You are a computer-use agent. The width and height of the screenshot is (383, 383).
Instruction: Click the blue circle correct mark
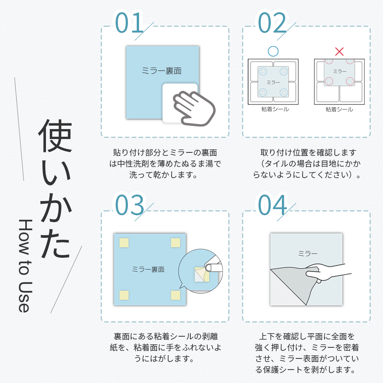coord(273,51)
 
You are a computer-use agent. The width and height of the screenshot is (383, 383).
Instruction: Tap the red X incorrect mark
coord(339,52)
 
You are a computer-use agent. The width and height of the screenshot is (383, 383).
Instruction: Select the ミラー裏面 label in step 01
coord(162,71)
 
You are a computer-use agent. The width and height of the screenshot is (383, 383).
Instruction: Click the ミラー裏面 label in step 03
coord(148,269)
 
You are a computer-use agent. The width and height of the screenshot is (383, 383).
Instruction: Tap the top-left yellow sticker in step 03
coord(124,243)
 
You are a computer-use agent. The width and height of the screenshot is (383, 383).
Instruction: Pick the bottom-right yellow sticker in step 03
coord(176,295)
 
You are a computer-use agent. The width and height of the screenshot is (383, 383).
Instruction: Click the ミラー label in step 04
coord(308,254)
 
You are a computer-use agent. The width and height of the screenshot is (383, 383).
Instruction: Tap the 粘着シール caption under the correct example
coord(275,109)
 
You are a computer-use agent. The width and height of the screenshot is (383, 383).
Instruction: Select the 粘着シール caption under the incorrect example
coord(339,109)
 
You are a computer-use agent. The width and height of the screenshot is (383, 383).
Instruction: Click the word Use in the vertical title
coord(25,297)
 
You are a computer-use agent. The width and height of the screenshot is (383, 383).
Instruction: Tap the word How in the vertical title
coord(25,237)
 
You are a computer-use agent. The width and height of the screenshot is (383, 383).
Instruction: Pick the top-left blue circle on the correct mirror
coord(263,71)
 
